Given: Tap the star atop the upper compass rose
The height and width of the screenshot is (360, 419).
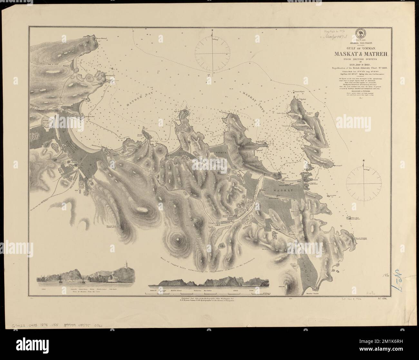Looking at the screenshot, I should (212, 30).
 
